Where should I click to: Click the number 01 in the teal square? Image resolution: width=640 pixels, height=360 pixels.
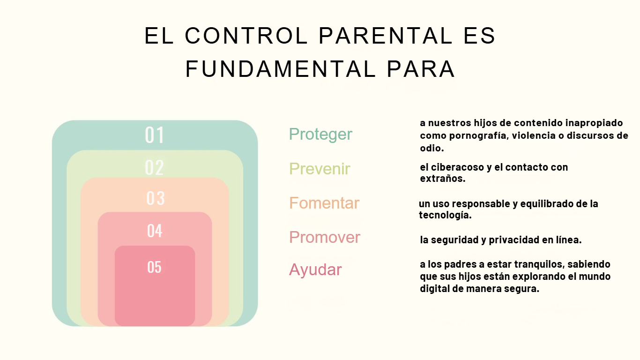point(155,135)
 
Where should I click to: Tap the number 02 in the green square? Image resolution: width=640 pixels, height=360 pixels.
point(154,167)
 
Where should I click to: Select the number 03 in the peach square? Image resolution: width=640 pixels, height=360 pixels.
point(156,198)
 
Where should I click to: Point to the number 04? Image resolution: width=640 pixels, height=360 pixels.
point(155,231)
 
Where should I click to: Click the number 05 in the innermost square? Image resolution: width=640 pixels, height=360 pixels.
point(154,267)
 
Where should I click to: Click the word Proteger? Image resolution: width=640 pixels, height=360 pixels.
point(320,135)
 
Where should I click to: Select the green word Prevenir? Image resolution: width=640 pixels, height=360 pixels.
point(320,168)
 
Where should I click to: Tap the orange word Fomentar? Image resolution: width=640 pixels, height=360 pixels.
point(324,203)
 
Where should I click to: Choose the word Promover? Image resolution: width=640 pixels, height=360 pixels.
point(325,237)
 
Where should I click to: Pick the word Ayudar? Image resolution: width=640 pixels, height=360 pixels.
point(315,270)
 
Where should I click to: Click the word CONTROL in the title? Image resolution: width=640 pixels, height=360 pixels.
point(246,36)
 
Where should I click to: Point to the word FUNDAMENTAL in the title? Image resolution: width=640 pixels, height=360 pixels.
point(280,69)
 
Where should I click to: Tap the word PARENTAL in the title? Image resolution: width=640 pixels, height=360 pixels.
point(386,36)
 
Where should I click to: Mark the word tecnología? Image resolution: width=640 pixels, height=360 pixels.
point(445,215)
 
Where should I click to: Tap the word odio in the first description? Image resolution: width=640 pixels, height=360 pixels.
point(432,148)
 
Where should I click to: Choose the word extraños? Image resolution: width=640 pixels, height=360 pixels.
point(443,179)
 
